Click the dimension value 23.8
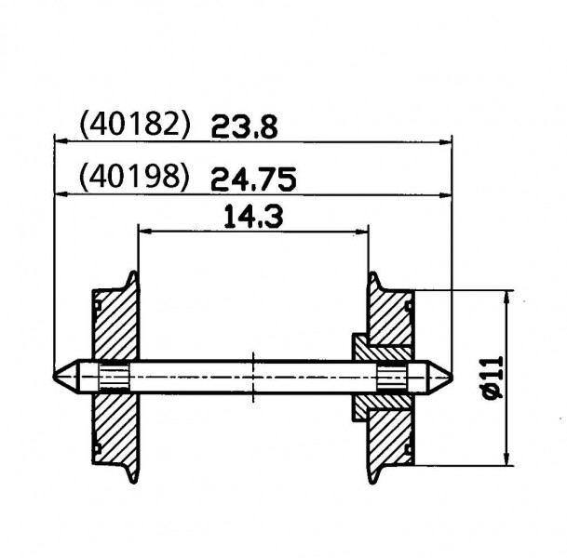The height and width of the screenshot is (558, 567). pyautogui.click(x=245, y=126)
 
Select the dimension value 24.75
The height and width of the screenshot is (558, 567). pyautogui.click(x=253, y=179)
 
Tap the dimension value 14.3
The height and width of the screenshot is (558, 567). pyautogui.click(x=253, y=217)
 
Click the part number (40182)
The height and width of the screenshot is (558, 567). pyautogui.click(x=134, y=125)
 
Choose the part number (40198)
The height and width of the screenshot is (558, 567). pyautogui.click(x=134, y=177)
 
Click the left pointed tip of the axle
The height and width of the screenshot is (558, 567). pyautogui.click(x=54, y=377)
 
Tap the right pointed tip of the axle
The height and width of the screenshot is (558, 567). pyautogui.click(x=452, y=377)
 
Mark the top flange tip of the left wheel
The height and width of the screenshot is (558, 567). pyautogui.click(x=134, y=272)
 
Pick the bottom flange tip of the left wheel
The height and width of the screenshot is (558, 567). pyautogui.click(x=134, y=482)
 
